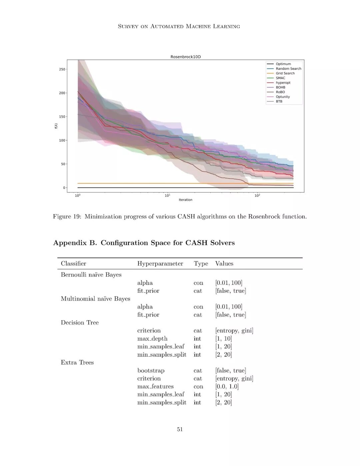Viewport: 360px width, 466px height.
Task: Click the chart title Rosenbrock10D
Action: [185, 57]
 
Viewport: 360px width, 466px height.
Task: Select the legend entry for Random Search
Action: [288, 69]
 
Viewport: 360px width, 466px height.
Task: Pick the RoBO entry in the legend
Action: [280, 92]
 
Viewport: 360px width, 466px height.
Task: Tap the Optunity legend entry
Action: [282, 97]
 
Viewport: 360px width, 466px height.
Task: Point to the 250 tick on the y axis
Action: [62, 69]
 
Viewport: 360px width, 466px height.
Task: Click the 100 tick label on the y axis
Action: [62, 140]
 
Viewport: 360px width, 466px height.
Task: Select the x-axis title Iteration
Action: [185, 200]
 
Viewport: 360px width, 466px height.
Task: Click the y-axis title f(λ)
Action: [56, 126]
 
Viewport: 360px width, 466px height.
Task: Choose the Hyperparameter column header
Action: [160, 264]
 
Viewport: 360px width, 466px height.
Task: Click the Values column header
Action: [224, 264]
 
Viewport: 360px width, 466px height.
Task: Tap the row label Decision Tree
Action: [80, 323]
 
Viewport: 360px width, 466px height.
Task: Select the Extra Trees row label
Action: [77, 363]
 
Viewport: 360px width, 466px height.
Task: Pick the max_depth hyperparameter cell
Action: [152, 339]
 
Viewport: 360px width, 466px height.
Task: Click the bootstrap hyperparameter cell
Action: [151, 371]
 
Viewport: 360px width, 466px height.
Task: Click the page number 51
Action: [180, 429]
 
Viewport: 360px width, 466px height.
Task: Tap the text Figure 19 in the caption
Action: [67, 216]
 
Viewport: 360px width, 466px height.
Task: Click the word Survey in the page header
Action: [128, 26]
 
